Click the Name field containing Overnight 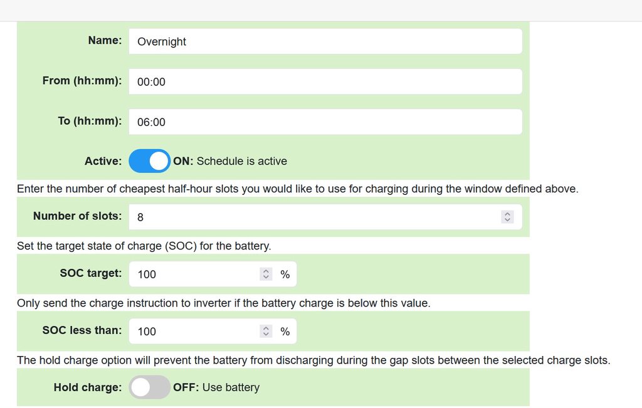325,41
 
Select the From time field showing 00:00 325,81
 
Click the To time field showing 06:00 325,122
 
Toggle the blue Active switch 149,161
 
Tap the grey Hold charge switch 149,387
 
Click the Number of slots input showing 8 325,216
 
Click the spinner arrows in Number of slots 507,216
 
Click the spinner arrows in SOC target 266,274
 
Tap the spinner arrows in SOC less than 266,331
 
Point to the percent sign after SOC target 285,274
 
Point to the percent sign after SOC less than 285,332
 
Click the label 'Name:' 105,40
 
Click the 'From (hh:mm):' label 82,81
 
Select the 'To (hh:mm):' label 90,121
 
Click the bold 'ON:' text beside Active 183,161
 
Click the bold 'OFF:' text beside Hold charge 186,387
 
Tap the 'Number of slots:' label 77,216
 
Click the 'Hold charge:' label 88,387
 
